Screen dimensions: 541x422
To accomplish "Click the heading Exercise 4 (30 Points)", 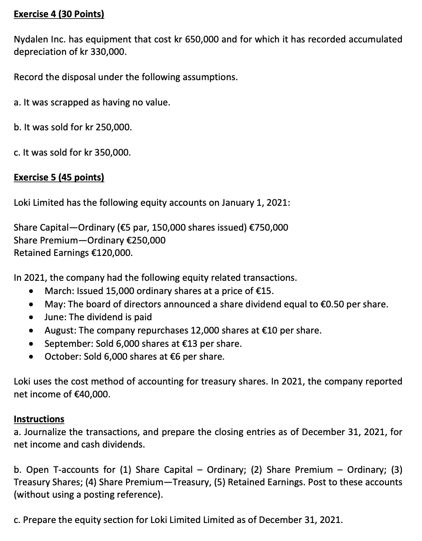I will pyautogui.click(x=59, y=14).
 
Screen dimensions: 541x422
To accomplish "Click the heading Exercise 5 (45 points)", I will pyautogui.click(x=59, y=177).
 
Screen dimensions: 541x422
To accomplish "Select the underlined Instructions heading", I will pyautogui.click(x=39, y=419).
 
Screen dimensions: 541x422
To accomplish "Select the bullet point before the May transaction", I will pyautogui.click(x=31, y=305).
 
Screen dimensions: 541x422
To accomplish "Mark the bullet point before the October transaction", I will pyautogui.click(x=31, y=357).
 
